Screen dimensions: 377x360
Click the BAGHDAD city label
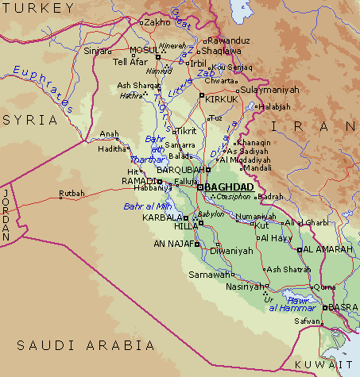pyautogui.click(x=230, y=187)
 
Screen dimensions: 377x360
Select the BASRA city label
pyautogui.click(x=343, y=307)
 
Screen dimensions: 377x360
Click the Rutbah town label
pyautogui.click(x=72, y=192)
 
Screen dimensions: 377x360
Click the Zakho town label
pyautogui.click(x=157, y=22)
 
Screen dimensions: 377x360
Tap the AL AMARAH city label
pyautogui.click(x=328, y=249)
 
